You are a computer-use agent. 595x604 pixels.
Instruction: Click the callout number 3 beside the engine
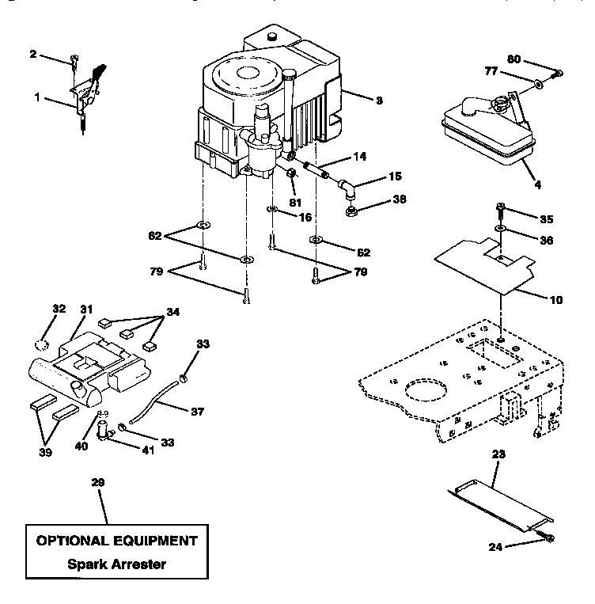379,101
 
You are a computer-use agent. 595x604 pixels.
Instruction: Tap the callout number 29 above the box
98,482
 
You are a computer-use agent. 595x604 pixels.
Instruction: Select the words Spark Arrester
116,564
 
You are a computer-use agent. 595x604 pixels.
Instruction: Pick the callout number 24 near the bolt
496,545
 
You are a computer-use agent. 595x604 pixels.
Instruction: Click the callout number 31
85,310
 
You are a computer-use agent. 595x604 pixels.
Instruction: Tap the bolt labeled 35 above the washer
500,211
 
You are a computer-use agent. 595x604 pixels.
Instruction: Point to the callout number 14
360,157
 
